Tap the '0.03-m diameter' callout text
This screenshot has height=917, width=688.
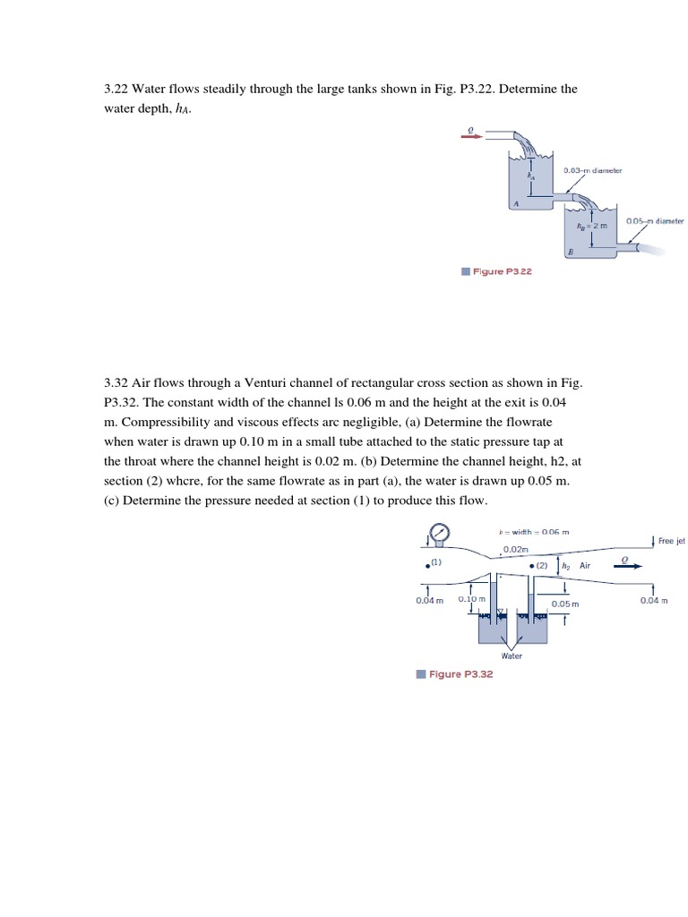click(592, 170)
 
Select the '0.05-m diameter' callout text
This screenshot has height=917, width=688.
click(654, 220)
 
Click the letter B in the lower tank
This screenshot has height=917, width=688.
click(570, 253)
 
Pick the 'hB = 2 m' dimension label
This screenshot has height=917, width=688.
click(593, 226)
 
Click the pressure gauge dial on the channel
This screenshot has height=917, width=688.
click(439, 534)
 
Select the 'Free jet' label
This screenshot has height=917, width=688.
click(670, 541)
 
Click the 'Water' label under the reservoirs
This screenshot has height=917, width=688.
click(512, 656)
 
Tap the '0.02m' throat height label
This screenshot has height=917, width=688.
click(515, 550)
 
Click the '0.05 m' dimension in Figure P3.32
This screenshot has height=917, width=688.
click(565, 604)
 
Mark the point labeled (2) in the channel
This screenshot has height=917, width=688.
click(532, 566)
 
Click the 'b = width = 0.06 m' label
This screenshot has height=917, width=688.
click(534, 532)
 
